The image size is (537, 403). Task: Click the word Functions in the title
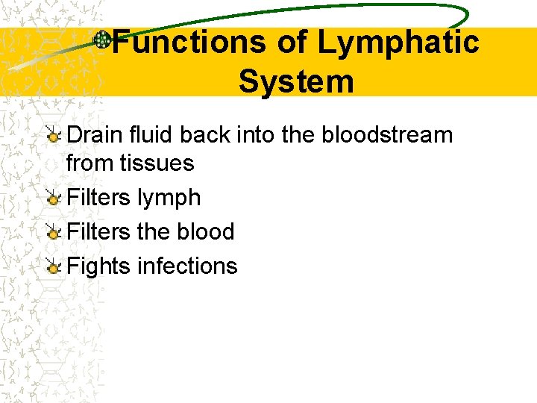point(188,43)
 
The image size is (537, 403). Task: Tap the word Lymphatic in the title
point(398,43)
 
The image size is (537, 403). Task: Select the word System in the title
point(296,81)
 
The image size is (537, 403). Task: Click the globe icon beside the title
point(102,40)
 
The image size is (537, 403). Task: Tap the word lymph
point(169,198)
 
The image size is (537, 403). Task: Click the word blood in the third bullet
point(205,231)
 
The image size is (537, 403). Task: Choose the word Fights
point(99,266)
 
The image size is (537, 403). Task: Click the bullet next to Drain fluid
point(52,136)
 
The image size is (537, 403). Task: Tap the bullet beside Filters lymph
point(52,199)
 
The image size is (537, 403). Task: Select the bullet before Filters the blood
point(52,232)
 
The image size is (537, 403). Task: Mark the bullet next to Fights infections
point(52,266)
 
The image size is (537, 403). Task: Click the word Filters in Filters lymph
point(98,198)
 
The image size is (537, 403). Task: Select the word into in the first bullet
point(255,135)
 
